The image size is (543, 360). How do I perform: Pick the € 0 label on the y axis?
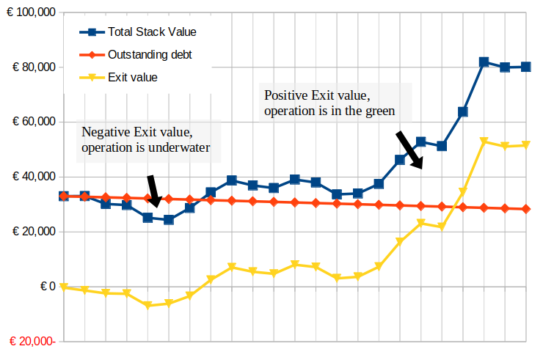tap(45, 286)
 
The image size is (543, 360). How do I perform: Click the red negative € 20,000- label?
tap(32, 342)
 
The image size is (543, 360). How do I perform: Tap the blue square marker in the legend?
tap(92, 32)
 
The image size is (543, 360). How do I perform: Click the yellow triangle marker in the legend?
tap(92, 77)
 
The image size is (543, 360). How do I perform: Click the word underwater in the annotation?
tap(178, 148)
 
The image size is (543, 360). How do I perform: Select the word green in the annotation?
tap(381, 111)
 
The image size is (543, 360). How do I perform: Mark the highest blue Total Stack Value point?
tap(484, 62)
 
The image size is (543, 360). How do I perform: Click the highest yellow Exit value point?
tap(484, 142)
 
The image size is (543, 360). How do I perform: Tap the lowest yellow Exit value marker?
tap(147, 305)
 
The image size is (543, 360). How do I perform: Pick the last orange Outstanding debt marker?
tap(526, 209)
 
